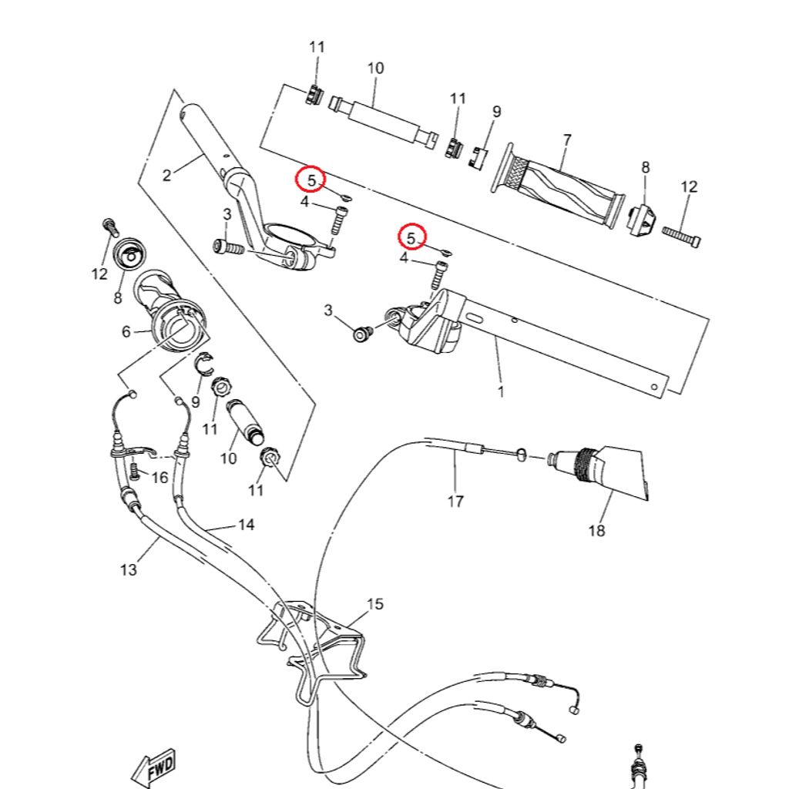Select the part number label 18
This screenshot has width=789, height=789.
[x=596, y=530]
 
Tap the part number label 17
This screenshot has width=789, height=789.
[x=455, y=502]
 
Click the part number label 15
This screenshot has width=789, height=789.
[x=374, y=604]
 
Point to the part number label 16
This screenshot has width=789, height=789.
[x=159, y=478]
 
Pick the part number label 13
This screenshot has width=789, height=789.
[x=128, y=569]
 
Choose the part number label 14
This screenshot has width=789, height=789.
[x=246, y=525]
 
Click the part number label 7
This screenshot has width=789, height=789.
[x=567, y=139]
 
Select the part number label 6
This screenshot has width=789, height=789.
[x=126, y=332]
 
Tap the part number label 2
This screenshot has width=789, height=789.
[x=166, y=175]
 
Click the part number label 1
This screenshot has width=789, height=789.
[x=501, y=391]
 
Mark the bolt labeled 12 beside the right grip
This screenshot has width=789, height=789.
[x=682, y=234]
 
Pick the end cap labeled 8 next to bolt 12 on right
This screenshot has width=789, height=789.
[x=641, y=222]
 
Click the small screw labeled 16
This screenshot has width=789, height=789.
[x=135, y=467]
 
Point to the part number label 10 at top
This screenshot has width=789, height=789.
[x=375, y=68]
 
